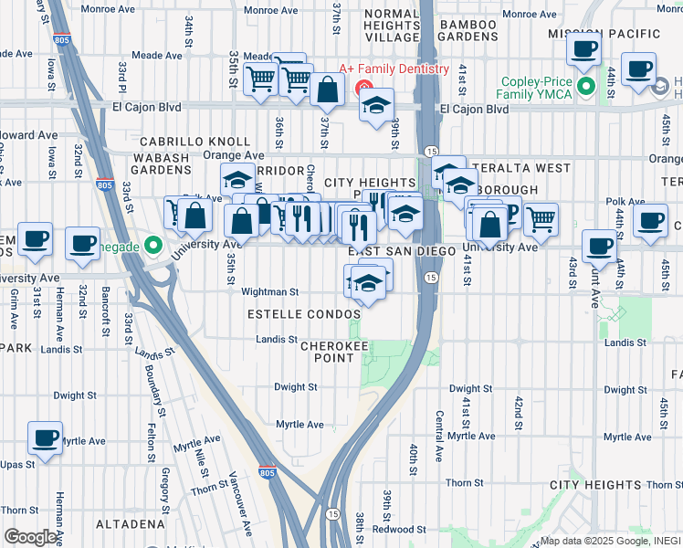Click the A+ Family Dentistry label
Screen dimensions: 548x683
[394, 69]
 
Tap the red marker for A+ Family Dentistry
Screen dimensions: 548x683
[364, 88]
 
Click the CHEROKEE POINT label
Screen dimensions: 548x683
[328, 352]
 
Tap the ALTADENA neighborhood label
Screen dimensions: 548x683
[96, 524]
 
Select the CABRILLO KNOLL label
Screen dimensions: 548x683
[194, 142]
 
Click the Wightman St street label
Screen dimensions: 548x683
[269, 292]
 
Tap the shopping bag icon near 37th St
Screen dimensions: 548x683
[326, 90]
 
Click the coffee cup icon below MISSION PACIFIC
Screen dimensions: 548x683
[583, 49]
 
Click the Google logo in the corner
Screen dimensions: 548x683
[32, 537]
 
